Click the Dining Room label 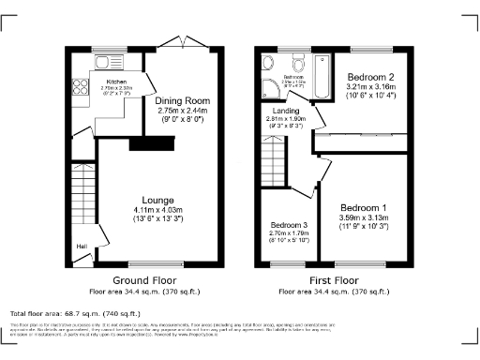tap(184, 99)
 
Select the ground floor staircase tap(78, 191)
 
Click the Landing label tap(286, 111)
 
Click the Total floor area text tap(75, 313)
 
